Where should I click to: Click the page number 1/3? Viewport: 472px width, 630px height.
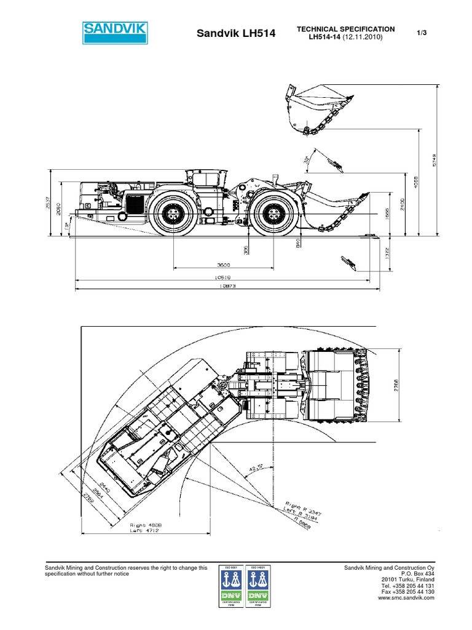pos(422,33)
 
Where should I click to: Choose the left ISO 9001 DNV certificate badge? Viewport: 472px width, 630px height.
pos(232,588)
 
